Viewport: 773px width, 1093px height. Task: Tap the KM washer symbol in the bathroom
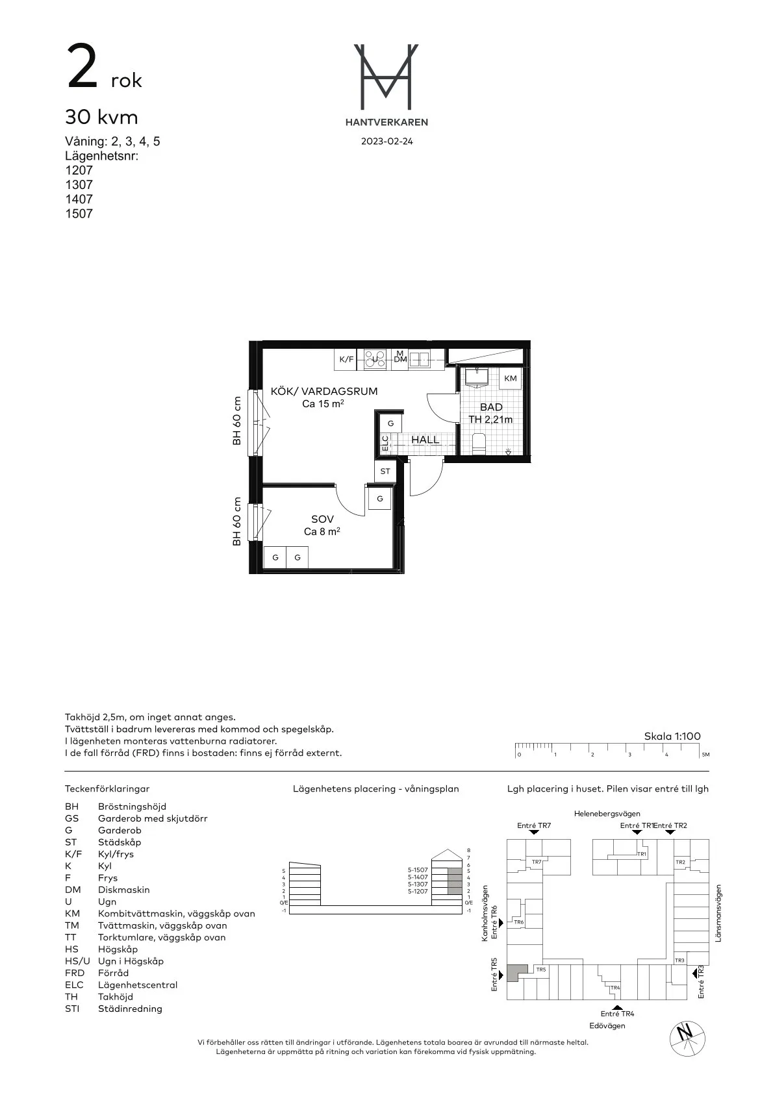511,378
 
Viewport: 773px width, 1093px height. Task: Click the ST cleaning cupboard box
385,471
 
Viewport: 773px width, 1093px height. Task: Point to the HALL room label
425,440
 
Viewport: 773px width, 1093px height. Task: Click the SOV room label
322,519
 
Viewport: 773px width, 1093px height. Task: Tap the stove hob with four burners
375,358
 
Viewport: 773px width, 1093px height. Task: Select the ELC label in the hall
385,443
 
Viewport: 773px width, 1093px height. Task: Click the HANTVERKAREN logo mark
386,77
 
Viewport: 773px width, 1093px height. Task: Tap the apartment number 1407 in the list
79,199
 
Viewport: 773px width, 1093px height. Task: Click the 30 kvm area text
101,118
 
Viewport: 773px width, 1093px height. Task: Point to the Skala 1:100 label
672,736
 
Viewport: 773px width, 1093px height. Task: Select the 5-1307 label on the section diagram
418,885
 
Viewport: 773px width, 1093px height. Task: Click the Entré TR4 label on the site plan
617,1013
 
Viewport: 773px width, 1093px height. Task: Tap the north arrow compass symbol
684,1033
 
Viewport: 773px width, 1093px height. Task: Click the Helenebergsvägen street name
607,813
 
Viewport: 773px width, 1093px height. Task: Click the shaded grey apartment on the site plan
516,972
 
